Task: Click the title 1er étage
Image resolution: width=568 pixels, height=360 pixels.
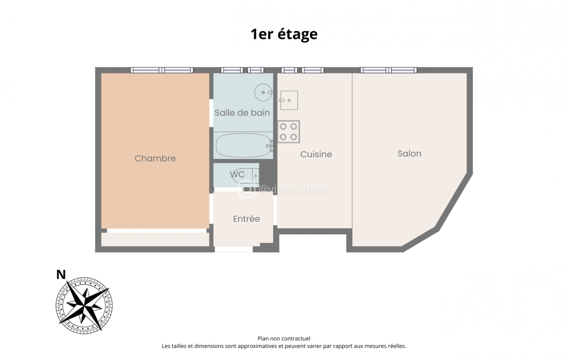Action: point(284,34)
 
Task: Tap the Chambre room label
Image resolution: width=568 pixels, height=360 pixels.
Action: point(155,158)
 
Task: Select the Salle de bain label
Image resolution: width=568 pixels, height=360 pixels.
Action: point(242,112)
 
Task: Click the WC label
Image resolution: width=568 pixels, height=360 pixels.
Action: point(237,174)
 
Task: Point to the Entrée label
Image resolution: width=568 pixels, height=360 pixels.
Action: point(247,219)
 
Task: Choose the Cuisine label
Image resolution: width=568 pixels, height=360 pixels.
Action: point(316,155)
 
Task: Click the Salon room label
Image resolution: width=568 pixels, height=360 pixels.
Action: point(410,153)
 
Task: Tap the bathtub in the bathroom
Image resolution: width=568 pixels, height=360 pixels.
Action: point(244,145)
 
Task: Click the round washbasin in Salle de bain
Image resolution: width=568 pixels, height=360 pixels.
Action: point(263,92)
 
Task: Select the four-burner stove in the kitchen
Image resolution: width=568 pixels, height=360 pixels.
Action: point(289,132)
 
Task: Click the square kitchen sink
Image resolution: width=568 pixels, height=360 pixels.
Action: point(289,100)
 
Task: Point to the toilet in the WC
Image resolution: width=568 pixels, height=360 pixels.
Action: point(245,176)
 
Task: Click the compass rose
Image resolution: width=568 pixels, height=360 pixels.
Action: point(84,306)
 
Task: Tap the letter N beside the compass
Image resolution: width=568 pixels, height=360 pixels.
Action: point(61,275)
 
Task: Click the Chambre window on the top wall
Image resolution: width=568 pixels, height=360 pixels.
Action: point(162,70)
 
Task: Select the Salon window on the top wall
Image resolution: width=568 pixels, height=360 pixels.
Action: point(388,70)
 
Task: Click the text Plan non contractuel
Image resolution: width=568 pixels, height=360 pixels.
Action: point(284,338)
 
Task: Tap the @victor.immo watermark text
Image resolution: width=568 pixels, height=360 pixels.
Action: point(294,189)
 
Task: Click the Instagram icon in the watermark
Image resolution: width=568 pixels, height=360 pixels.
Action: point(247,189)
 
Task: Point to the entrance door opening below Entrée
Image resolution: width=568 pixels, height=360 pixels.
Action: point(234,249)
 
